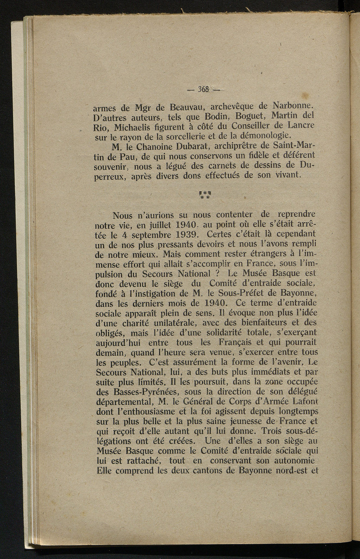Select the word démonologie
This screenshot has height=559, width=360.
pos(265,135)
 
